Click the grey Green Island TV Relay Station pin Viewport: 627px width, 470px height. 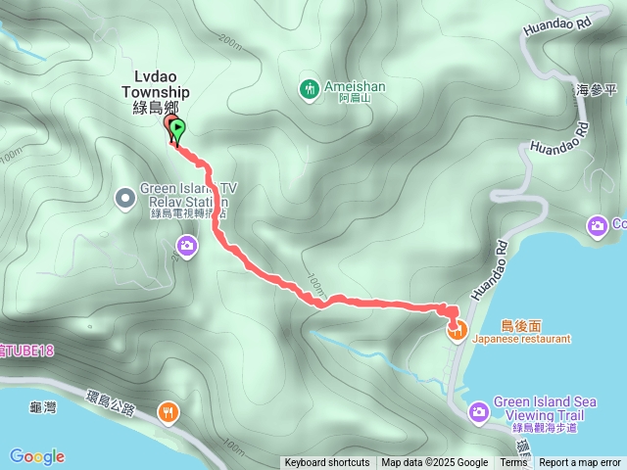[125, 199]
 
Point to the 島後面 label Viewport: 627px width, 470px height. [521, 325]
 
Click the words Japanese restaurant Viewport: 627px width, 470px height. [521, 339]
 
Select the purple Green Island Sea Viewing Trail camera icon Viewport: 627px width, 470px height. [478, 412]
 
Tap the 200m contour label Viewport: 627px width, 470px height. [231, 42]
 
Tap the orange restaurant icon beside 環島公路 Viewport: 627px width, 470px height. [170, 412]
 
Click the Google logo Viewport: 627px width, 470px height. [37, 456]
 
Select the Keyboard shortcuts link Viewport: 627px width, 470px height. [327, 463]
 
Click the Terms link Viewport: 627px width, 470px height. [513, 463]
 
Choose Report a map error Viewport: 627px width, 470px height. [580, 463]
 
